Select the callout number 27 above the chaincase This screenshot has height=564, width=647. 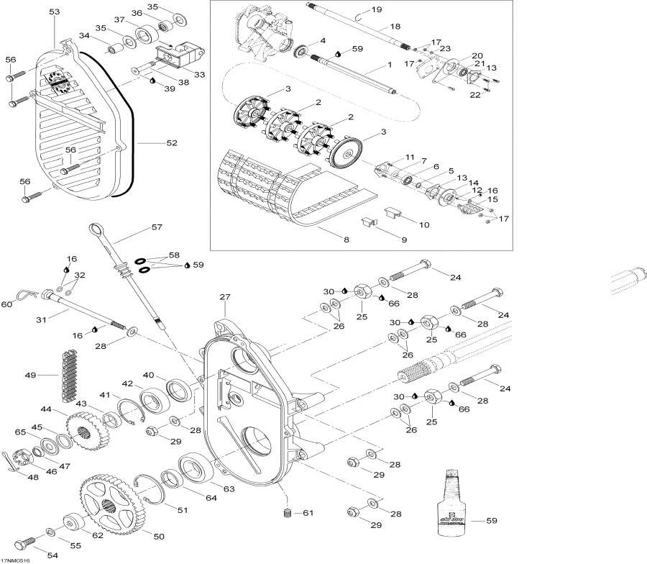[x=224, y=296]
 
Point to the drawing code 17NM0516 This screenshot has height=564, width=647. [x=21, y=558]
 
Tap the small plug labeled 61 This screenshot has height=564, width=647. [x=287, y=514]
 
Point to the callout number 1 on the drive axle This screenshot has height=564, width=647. [x=389, y=65]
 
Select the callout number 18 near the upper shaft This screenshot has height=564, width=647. [x=395, y=27]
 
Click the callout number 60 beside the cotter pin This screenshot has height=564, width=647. [x=6, y=304]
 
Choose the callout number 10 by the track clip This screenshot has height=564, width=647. [x=423, y=224]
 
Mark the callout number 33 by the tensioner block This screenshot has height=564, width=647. [x=198, y=74]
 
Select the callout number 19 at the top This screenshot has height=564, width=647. [x=377, y=9]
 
